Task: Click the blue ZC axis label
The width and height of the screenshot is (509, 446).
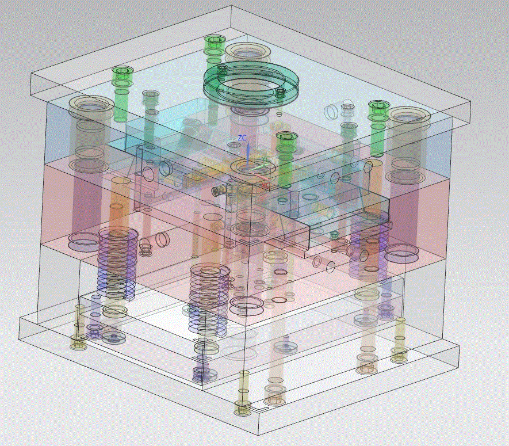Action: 242,138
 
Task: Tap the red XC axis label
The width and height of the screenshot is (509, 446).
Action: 265,184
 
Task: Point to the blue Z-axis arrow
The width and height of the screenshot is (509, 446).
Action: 248,154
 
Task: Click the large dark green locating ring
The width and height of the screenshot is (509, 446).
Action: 250,83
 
